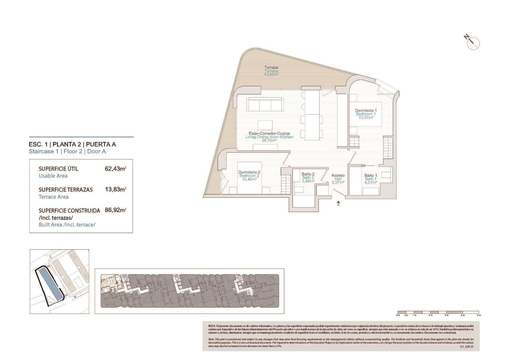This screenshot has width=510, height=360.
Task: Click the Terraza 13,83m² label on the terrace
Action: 271,71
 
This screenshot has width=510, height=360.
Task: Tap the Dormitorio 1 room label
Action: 366,114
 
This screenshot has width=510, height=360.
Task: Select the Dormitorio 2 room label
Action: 249,176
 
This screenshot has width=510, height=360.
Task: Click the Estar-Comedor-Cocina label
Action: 269,137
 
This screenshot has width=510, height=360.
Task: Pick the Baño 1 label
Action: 370,179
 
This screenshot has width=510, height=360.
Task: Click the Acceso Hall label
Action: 338,179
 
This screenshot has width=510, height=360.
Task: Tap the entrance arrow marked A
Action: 339,203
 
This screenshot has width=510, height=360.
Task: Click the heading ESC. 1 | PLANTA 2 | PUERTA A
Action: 72,144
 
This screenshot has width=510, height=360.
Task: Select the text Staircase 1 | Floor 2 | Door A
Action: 67,151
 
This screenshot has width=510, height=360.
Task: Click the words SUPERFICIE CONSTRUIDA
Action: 69,211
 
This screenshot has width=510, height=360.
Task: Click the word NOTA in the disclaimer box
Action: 212,326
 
